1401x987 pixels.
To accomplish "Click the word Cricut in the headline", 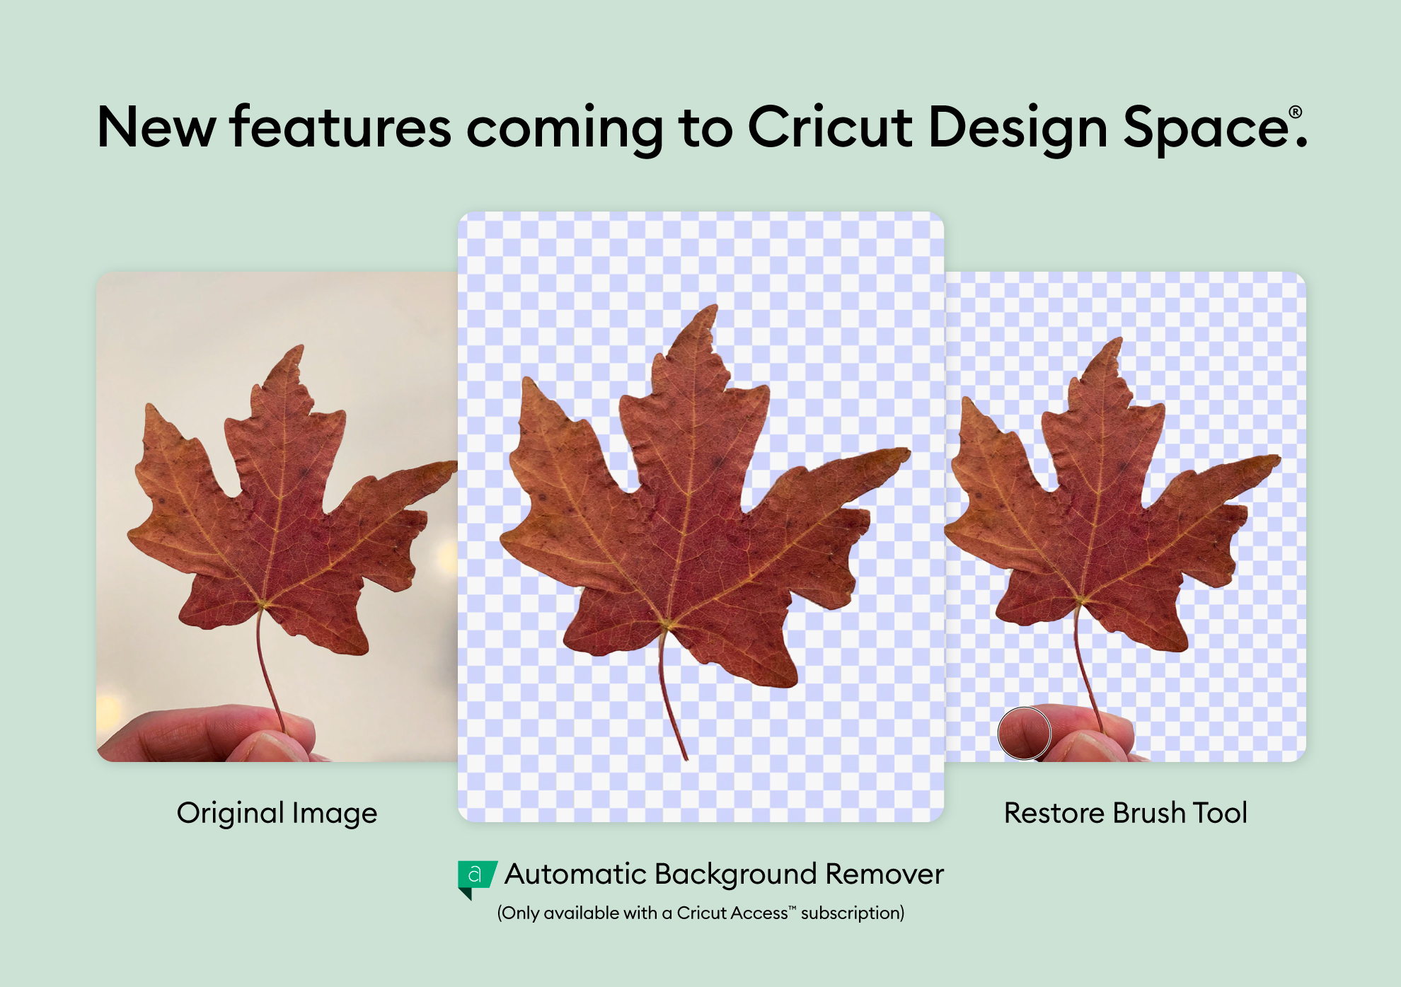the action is [x=829, y=127].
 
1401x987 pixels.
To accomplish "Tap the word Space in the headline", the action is [x=1206, y=129].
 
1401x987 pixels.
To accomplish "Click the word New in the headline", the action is [x=156, y=127].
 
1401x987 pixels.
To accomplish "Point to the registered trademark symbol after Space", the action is [x=1296, y=112].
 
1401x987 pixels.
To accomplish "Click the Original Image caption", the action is [x=277, y=814].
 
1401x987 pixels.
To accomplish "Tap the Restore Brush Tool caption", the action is [x=1125, y=813].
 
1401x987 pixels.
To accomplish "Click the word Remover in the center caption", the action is [x=884, y=874].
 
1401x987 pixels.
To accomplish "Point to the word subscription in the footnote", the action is [x=853, y=913].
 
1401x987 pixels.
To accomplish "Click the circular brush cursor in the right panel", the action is [x=1024, y=733].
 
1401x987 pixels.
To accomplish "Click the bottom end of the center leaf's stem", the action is [x=686, y=759].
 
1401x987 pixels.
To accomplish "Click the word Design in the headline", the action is [x=1017, y=129].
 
